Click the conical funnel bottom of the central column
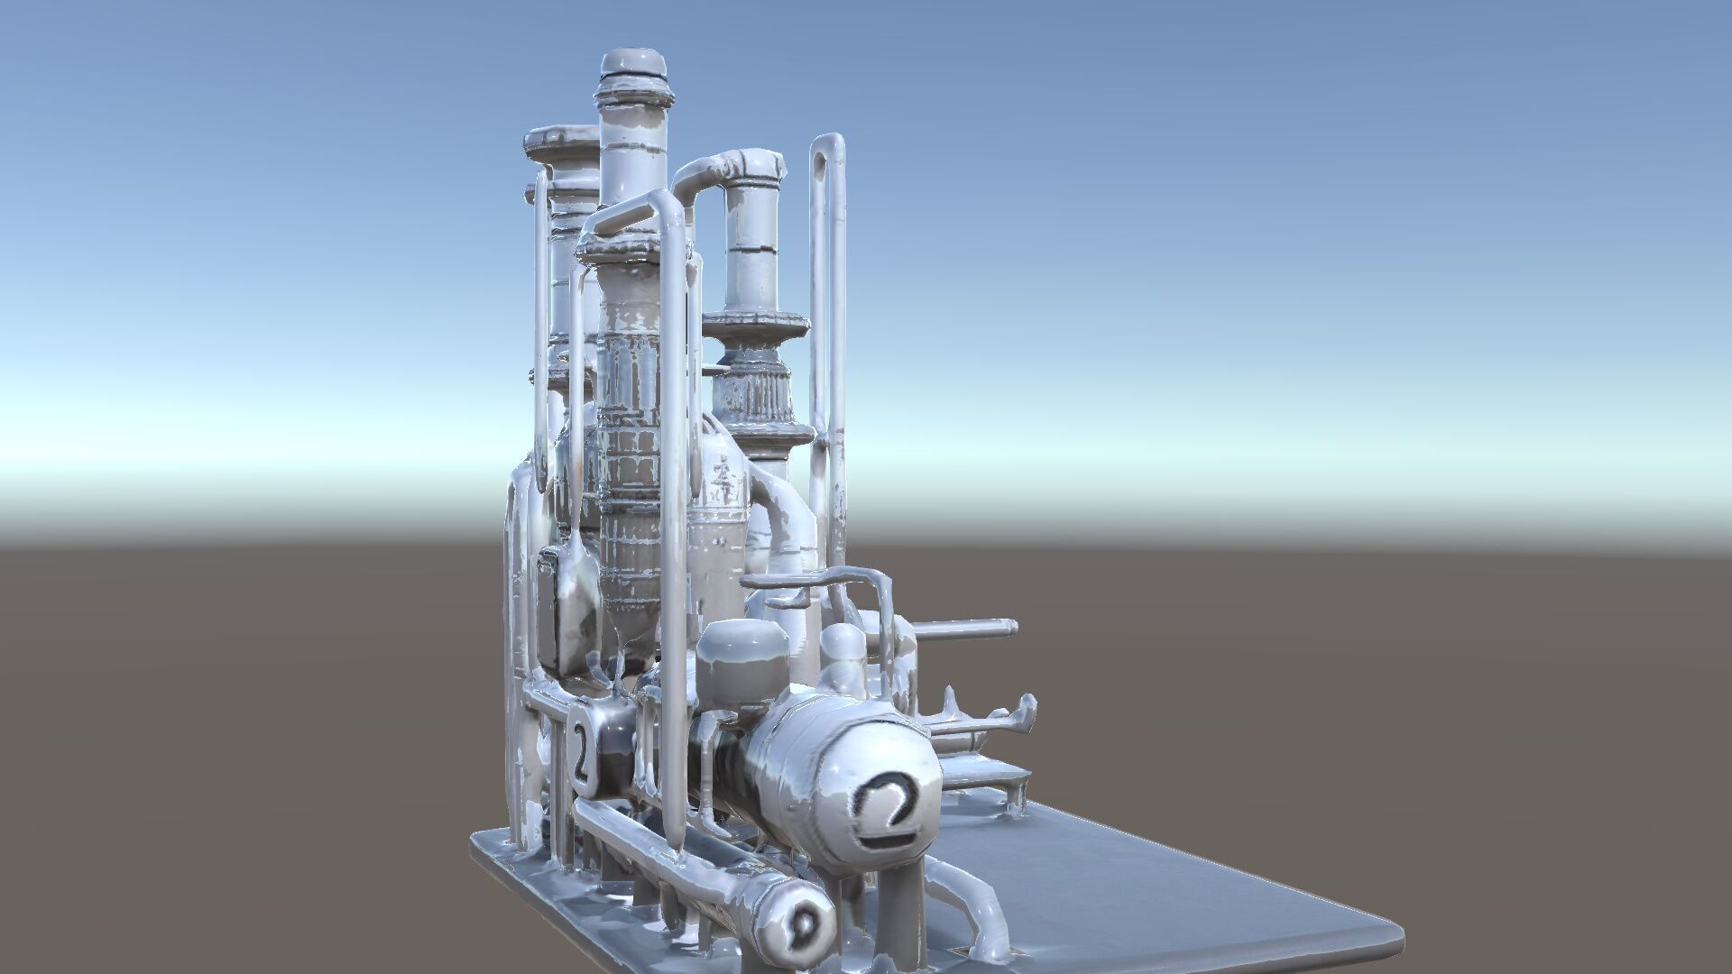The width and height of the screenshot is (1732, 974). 631,622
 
